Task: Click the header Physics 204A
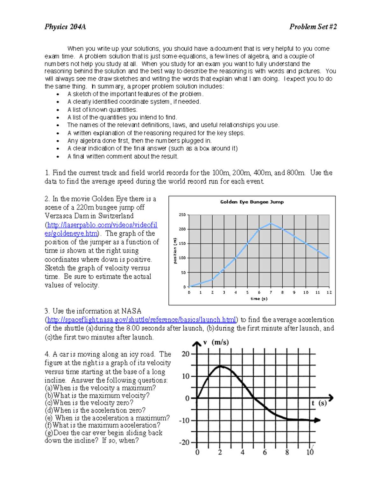point(65,27)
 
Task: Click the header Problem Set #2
point(313,27)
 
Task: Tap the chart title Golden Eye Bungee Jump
point(252,202)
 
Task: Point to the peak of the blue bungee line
point(271,223)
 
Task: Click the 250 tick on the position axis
point(182,215)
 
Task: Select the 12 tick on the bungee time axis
point(329,292)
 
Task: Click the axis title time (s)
point(259,299)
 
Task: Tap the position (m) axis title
point(175,251)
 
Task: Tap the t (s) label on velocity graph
point(319,403)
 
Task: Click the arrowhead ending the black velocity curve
point(317,420)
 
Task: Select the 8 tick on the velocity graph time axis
point(287,452)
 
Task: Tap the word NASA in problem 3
point(131,311)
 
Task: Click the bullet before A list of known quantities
point(58,110)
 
